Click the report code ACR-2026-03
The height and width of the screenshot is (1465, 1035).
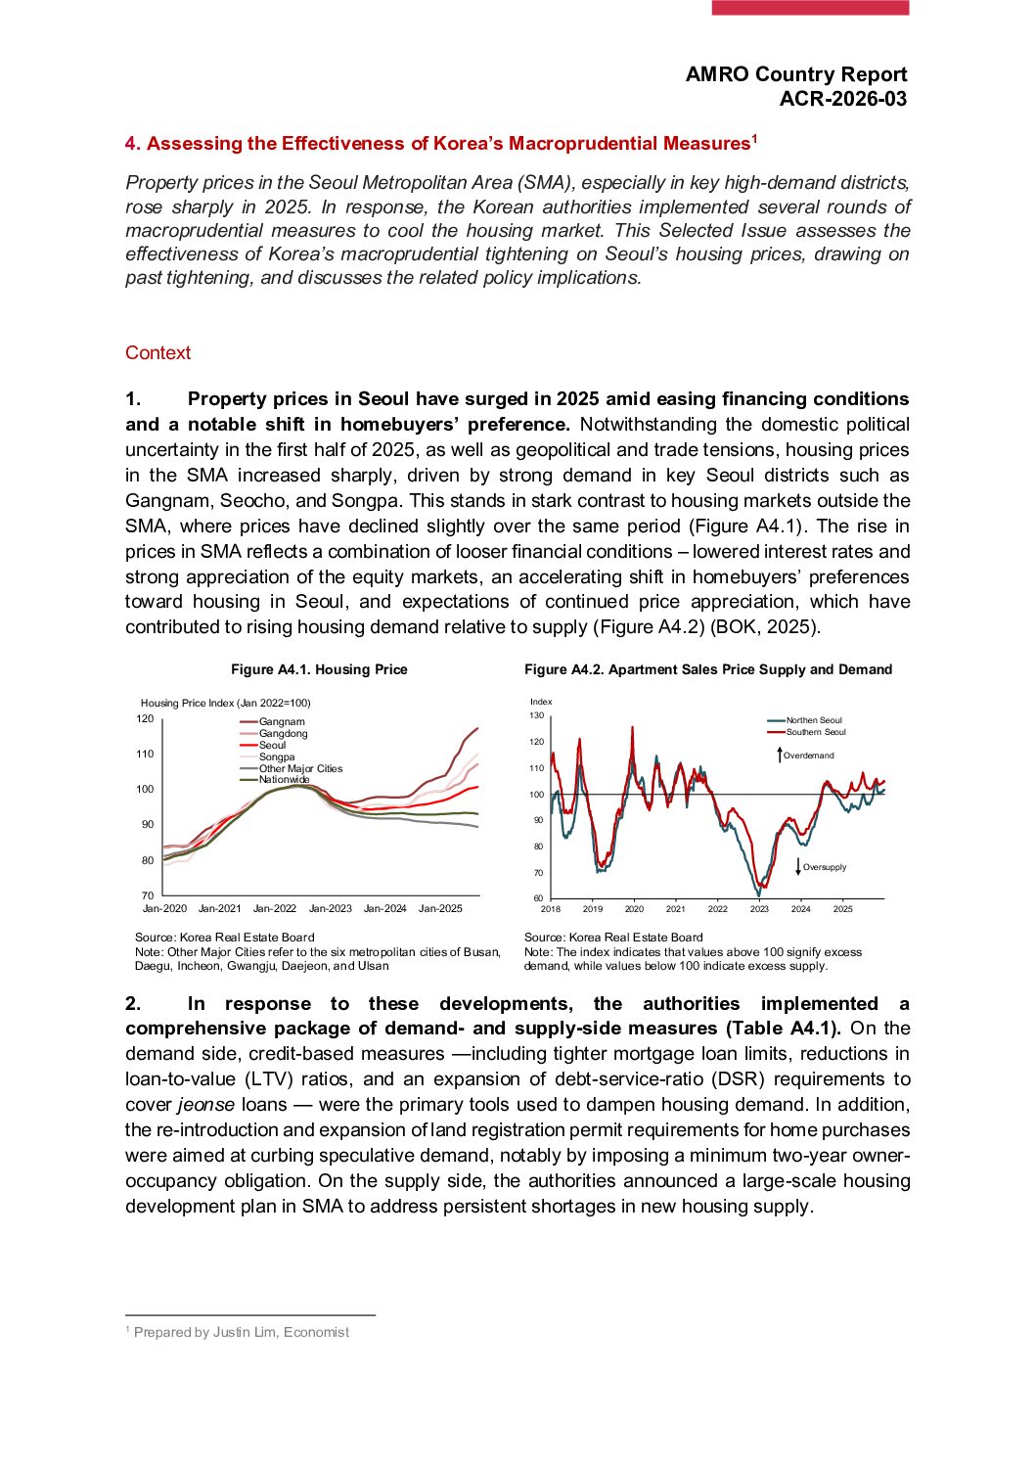pyautogui.click(x=842, y=99)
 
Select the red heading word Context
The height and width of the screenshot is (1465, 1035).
pyautogui.click(x=157, y=353)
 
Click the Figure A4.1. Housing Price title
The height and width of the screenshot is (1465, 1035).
pyautogui.click(x=319, y=669)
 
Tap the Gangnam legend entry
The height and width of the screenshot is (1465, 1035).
pyautogui.click(x=281, y=722)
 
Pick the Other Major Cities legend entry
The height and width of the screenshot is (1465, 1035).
pyautogui.click(x=300, y=768)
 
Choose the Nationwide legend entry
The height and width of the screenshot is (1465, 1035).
pyautogui.click(x=284, y=780)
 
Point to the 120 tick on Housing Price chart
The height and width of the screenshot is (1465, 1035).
pyautogui.click(x=145, y=718)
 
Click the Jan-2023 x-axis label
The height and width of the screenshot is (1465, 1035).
pyautogui.click(x=330, y=909)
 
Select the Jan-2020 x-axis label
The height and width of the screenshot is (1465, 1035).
pyautogui.click(x=164, y=909)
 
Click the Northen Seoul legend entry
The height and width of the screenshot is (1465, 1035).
pyautogui.click(x=813, y=720)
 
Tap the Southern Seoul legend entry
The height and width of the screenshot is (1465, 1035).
pyautogui.click(x=815, y=732)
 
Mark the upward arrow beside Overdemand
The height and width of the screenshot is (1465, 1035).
pyautogui.click(x=780, y=755)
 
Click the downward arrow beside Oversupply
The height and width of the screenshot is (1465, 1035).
pyautogui.click(x=799, y=866)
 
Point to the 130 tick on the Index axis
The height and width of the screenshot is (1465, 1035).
pyautogui.click(x=536, y=715)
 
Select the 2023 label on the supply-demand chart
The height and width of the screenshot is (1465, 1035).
pyautogui.click(x=759, y=909)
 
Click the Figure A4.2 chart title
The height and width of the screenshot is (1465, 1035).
pyautogui.click(x=708, y=669)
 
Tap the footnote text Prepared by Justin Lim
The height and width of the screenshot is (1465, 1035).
pyautogui.click(x=241, y=1332)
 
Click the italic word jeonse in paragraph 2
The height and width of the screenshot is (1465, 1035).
pyautogui.click(x=205, y=1105)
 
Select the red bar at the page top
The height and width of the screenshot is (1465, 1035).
pyautogui.click(x=810, y=8)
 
